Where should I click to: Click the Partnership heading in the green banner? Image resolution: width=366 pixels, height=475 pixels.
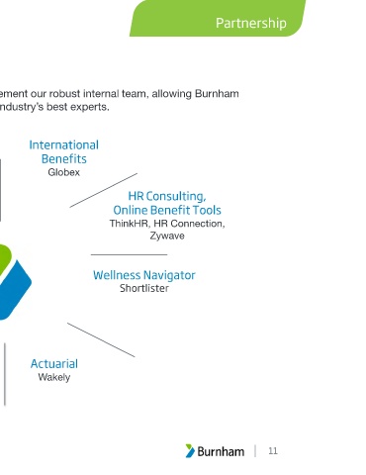pyautogui.click(x=251, y=24)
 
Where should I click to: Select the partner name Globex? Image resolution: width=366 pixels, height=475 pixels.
pyautogui.click(x=64, y=172)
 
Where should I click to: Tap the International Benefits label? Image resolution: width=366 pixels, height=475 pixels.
pyautogui.click(x=64, y=151)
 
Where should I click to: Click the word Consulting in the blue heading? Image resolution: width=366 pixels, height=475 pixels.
pyautogui.click(x=176, y=196)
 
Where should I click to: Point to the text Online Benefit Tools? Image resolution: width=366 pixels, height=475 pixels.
pyautogui.click(x=167, y=210)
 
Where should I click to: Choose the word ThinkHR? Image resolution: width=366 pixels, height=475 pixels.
pyautogui.click(x=130, y=224)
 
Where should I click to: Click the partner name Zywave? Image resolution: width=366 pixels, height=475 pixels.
pyautogui.click(x=167, y=236)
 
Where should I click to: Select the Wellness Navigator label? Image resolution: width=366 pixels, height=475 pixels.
pyautogui.click(x=144, y=275)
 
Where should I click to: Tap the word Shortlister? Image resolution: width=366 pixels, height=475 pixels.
pyautogui.click(x=144, y=288)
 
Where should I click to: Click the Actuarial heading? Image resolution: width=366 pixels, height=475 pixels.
pyautogui.click(x=54, y=364)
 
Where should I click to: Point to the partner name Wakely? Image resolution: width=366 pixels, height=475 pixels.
pyautogui.click(x=54, y=377)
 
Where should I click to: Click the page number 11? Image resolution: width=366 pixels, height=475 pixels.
pyautogui.click(x=273, y=451)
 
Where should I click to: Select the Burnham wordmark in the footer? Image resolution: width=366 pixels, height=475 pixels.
pyautogui.click(x=221, y=451)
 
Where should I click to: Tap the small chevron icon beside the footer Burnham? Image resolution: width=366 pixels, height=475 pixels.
pyautogui.click(x=190, y=451)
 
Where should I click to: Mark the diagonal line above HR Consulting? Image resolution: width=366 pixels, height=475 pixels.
pyautogui.click(x=104, y=190)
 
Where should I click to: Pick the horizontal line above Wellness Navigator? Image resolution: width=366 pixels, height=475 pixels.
pyautogui.click(x=129, y=254)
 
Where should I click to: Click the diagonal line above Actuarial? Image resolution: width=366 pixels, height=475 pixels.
pyautogui.click(x=101, y=339)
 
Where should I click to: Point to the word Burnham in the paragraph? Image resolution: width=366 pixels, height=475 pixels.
pyautogui.click(x=217, y=94)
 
